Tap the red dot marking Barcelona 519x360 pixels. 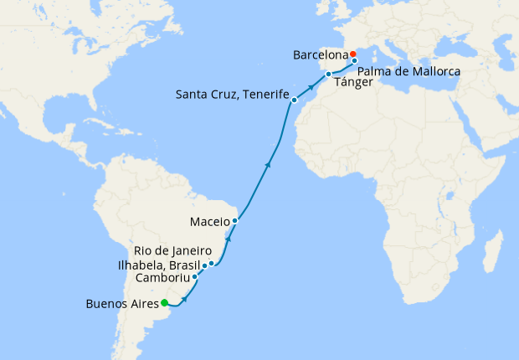point(353,54)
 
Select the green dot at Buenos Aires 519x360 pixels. point(165,303)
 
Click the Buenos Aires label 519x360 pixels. point(122,304)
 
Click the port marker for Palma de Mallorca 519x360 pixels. point(355,61)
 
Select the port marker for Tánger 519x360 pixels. point(329,75)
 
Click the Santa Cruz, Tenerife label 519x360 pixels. point(232,94)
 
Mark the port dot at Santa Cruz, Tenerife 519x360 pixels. point(294,100)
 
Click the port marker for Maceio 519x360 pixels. point(235,221)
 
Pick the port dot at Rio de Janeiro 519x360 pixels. point(212,264)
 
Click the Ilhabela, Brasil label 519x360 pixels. point(158,265)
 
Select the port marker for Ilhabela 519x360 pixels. point(204,265)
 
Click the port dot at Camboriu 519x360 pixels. point(195,277)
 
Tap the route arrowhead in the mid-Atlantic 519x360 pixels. point(268,165)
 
